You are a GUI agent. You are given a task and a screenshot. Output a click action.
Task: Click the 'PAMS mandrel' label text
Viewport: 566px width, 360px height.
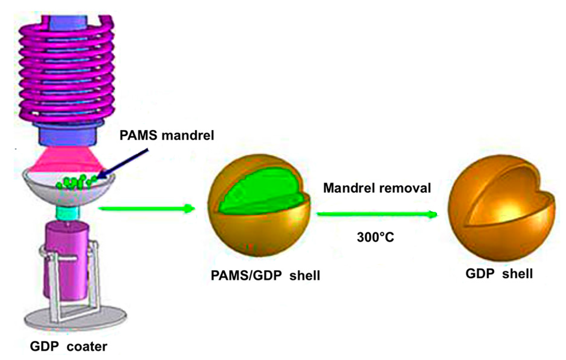(167, 136)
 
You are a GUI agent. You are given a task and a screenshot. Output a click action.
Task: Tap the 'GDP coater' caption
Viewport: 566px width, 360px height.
(68, 346)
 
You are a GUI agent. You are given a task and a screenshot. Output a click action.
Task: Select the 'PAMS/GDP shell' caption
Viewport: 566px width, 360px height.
(265, 276)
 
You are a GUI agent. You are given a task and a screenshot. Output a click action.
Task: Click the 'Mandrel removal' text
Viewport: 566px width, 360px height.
(377, 188)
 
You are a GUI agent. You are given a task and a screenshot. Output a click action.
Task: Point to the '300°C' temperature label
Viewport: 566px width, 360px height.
(375, 237)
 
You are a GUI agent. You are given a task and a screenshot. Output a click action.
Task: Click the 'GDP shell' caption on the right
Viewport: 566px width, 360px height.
(499, 274)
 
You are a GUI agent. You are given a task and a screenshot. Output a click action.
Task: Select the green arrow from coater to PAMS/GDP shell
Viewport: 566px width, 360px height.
(147, 208)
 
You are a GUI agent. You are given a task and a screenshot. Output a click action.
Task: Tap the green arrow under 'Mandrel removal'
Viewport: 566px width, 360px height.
(377, 214)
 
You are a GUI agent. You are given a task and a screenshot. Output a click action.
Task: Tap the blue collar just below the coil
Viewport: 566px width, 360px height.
(68, 134)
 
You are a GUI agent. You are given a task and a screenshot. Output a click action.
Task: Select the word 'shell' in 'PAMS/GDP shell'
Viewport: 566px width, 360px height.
(304, 276)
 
